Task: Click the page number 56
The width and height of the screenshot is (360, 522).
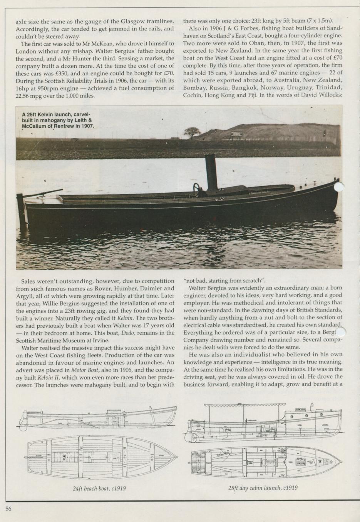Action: (8, 509)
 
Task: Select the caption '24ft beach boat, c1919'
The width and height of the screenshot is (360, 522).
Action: (99, 489)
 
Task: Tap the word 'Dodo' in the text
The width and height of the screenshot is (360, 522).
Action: (127, 333)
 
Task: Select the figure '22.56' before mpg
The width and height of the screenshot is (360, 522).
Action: (24, 96)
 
